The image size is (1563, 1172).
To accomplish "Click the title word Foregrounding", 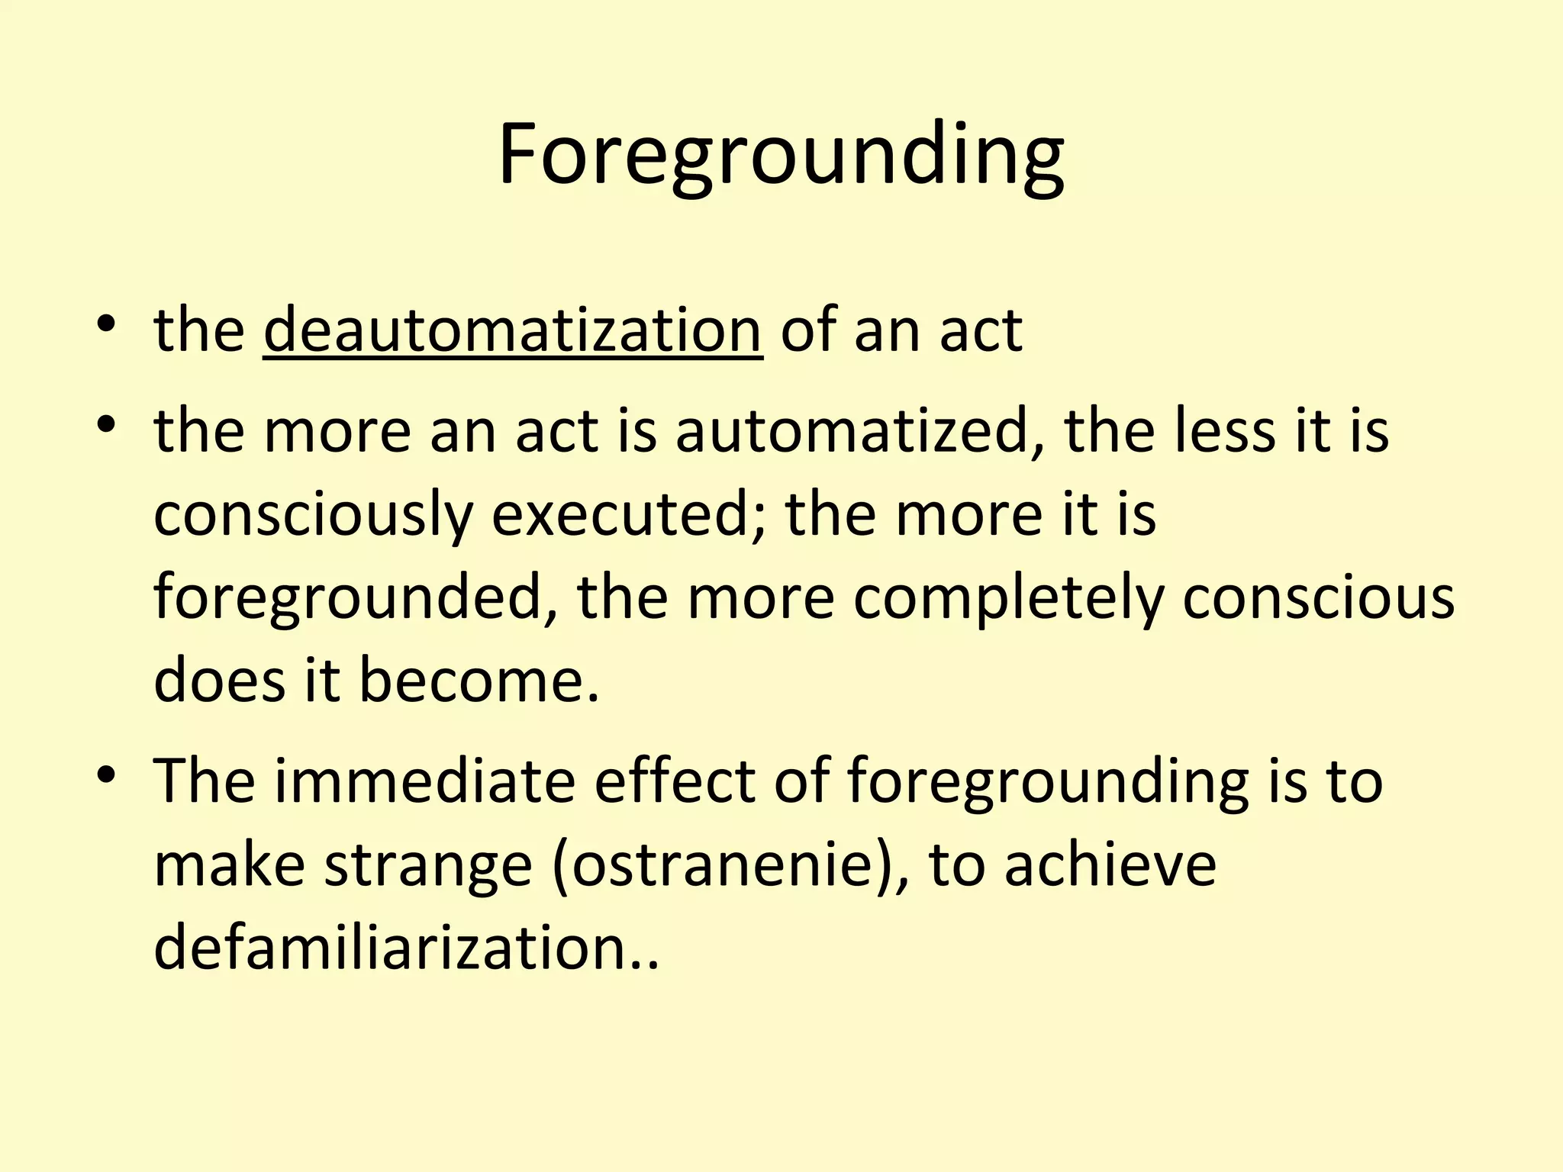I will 781,156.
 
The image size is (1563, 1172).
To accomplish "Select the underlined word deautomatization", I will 512,330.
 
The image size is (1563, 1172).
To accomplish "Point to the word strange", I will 428,866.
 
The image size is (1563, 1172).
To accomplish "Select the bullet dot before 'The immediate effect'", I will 106,775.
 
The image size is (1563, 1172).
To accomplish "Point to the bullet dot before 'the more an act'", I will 106,425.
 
